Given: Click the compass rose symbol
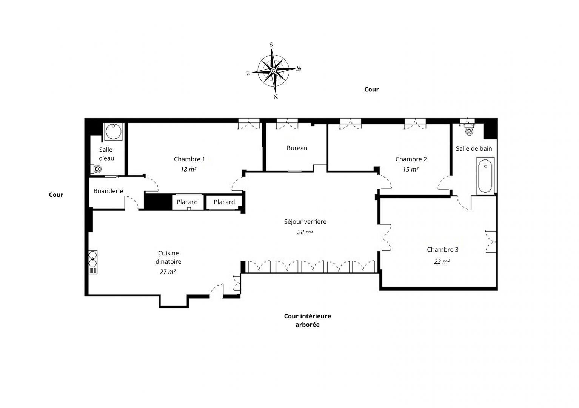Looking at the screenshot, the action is pyautogui.click(x=274, y=70).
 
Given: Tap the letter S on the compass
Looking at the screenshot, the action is pyautogui.click(x=271, y=45).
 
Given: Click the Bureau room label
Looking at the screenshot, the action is pyautogui.click(x=297, y=148).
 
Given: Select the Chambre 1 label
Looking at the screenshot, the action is pyautogui.click(x=189, y=159).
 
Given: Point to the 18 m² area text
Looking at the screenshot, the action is pyautogui.click(x=188, y=170).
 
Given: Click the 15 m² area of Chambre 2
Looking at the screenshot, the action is pyautogui.click(x=410, y=170).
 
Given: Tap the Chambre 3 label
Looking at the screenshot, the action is pyautogui.click(x=442, y=249).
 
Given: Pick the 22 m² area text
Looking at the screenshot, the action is pyautogui.click(x=442, y=261).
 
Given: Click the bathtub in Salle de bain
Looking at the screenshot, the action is pyautogui.click(x=485, y=176).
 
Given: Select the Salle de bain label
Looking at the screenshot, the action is pyautogui.click(x=474, y=148).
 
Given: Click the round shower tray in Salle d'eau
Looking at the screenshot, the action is pyautogui.click(x=113, y=132).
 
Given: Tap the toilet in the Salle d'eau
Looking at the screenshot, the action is pyautogui.click(x=96, y=169).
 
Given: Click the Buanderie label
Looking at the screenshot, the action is pyautogui.click(x=108, y=191).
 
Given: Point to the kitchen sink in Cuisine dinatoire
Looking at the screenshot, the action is pyautogui.click(x=93, y=262).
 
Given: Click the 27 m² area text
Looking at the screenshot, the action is pyautogui.click(x=168, y=272).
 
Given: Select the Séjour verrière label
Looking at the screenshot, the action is pyautogui.click(x=305, y=221).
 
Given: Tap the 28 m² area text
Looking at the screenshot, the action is pyautogui.click(x=305, y=232).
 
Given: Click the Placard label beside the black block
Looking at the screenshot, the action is pyautogui.click(x=187, y=202).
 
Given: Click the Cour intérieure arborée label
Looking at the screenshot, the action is pyautogui.click(x=307, y=320).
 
